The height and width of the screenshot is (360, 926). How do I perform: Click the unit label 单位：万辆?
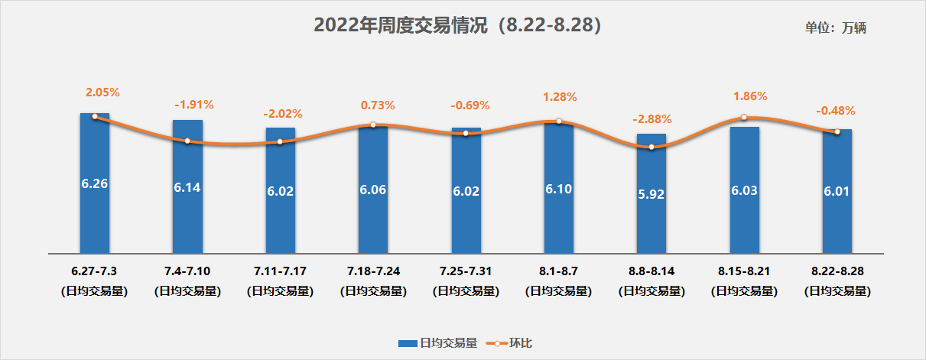click(835, 28)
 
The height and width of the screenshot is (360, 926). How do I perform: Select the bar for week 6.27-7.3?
click(95, 183)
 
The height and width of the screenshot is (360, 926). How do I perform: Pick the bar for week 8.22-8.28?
click(837, 191)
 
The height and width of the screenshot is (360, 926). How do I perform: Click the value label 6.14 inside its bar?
click(187, 187)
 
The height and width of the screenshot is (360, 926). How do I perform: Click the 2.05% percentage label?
click(102, 92)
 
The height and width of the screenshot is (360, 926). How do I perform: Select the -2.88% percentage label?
click(652, 119)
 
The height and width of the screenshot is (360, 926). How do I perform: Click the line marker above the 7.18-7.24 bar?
click(373, 125)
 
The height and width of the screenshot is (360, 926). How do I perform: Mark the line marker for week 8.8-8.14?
click(651, 147)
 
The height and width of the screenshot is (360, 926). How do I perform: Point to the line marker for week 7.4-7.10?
click(187, 141)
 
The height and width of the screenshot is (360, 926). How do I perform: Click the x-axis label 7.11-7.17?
click(280, 271)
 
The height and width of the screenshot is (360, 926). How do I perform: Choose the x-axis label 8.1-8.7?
click(558, 271)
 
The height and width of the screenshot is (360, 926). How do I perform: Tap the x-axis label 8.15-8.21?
click(744, 271)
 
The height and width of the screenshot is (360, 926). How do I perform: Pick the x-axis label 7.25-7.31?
click(466, 271)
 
